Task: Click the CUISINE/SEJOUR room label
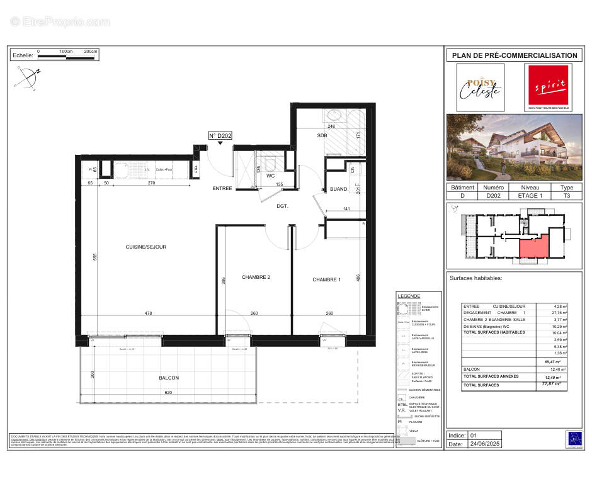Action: pos(145,247)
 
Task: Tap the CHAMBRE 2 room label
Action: pos(256,277)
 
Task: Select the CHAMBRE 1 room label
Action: pos(326,279)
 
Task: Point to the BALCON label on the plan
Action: pos(169,378)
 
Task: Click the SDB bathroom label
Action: pos(322,135)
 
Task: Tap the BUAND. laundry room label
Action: pos(339,189)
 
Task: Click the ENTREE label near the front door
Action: pos(222,188)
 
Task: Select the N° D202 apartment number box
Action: pos(220,135)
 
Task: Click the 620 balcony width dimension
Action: pos(168,392)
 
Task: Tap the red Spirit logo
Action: pos(550,87)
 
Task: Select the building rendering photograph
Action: pos(514,147)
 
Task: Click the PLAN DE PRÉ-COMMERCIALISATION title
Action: pos(514,55)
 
